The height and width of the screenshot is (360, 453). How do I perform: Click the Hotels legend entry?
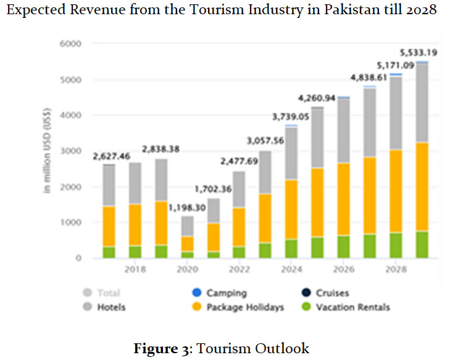(x=111, y=307)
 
